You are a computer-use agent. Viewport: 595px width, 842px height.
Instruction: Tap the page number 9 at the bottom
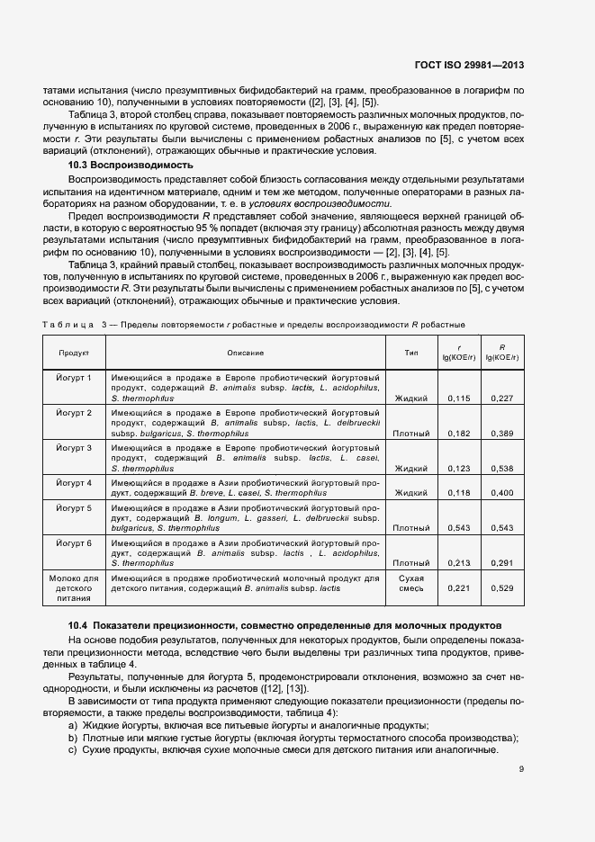[522, 769]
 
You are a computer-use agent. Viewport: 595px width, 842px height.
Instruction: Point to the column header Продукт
[75, 354]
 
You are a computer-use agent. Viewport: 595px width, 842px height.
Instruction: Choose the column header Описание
[245, 354]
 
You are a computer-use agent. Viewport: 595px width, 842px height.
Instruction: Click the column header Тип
[411, 354]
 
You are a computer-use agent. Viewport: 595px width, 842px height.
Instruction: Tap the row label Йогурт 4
[75, 482]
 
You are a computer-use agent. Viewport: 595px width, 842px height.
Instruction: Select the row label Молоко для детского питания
[75, 587]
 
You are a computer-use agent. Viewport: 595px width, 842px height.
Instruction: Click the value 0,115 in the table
[458, 398]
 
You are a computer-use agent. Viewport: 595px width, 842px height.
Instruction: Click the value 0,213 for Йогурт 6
[458, 563]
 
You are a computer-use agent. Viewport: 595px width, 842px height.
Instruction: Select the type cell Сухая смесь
[411, 582]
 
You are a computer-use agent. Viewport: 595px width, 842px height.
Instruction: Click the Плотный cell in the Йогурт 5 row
[411, 528]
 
